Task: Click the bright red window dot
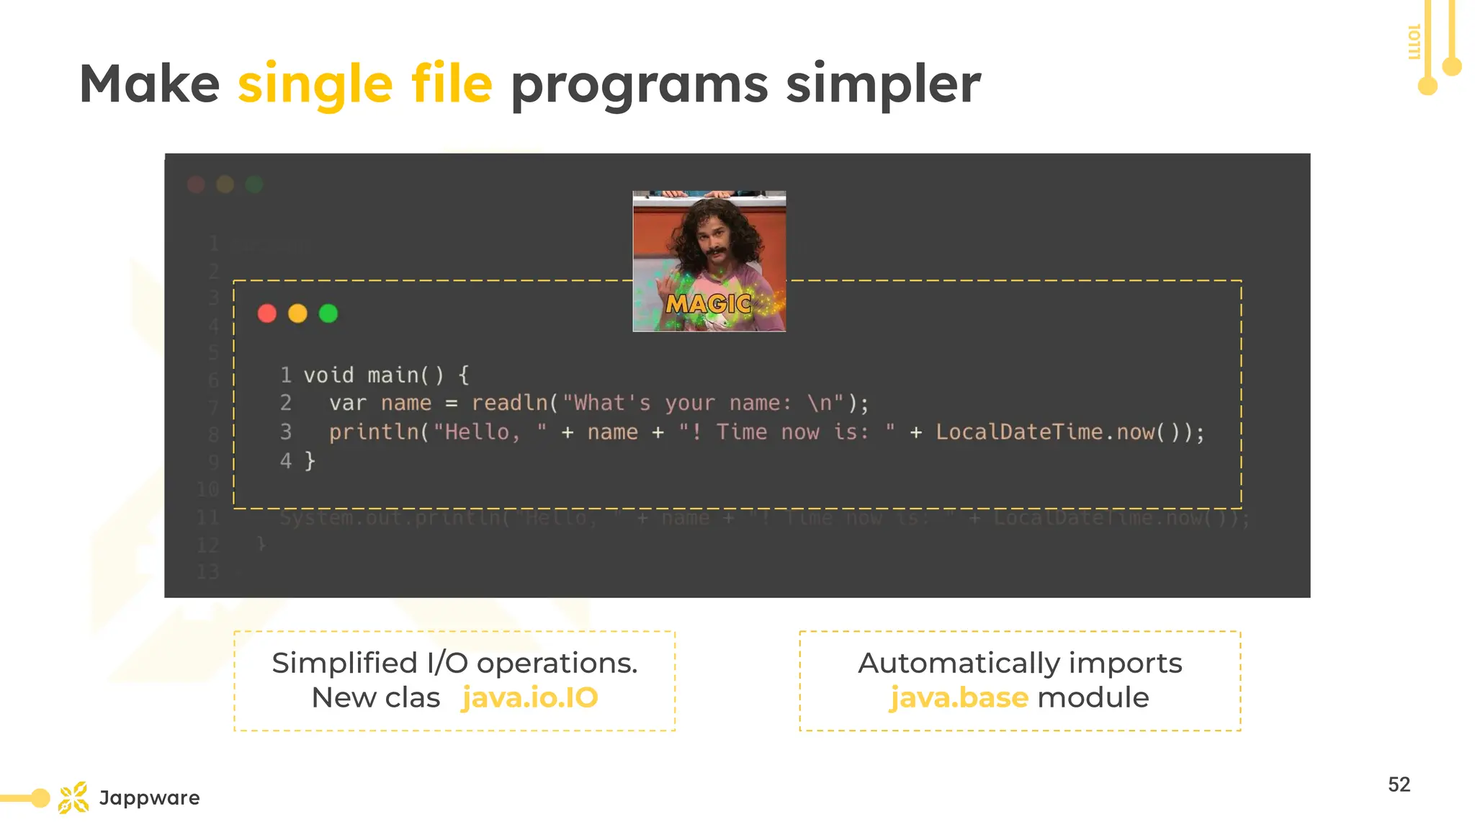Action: [x=267, y=313]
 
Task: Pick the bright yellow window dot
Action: [x=297, y=313]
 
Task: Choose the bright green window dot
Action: [x=328, y=313]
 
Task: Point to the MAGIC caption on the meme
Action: [x=709, y=304]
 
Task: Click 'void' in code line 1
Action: [x=328, y=375]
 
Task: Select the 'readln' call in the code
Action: [x=510, y=403]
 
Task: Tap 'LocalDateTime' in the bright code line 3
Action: [x=1019, y=432]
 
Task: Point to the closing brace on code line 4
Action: [x=310, y=461]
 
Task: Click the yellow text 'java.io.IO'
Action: [x=530, y=697]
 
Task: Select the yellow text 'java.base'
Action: [x=959, y=697]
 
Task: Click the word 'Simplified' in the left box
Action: [x=344, y=663]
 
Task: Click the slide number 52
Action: [x=1399, y=785]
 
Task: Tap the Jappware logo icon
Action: [x=73, y=798]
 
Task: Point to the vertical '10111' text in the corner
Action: [x=1414, y=42]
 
